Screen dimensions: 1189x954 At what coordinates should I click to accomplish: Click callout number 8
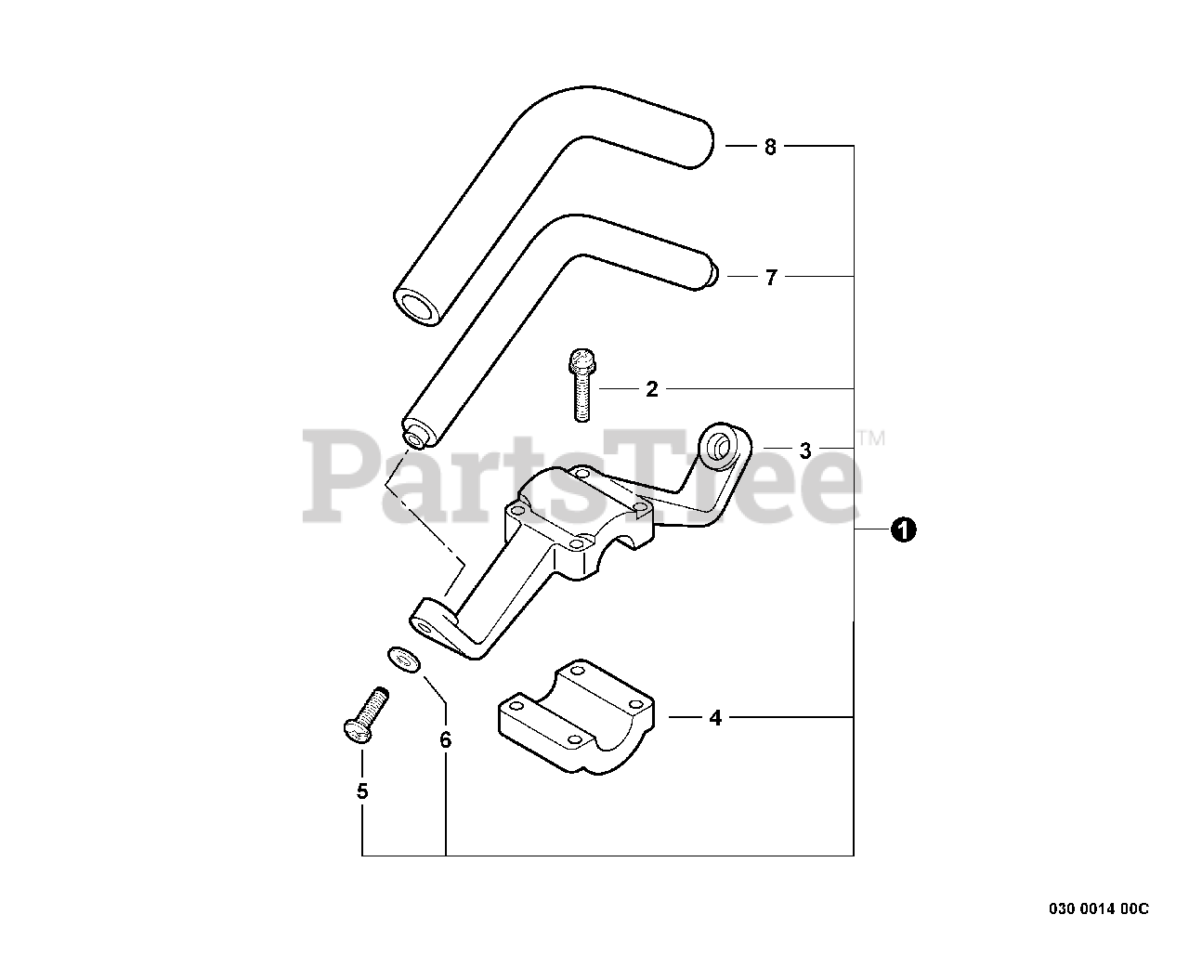[x=769, y=147]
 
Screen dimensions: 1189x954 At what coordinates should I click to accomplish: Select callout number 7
[x=769, y=277]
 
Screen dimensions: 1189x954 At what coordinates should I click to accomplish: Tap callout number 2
[x=651, y=389]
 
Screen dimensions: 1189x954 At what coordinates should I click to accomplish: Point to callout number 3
[x=804, y=451]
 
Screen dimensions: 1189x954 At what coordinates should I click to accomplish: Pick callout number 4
[x=714, y=718]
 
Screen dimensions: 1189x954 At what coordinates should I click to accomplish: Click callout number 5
[x=361, y=791]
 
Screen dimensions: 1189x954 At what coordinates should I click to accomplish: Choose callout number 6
[x=445, y=740]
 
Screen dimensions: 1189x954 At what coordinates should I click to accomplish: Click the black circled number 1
[x=903, y=529]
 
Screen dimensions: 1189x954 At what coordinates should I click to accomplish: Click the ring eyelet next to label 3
[x=721, y=445]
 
